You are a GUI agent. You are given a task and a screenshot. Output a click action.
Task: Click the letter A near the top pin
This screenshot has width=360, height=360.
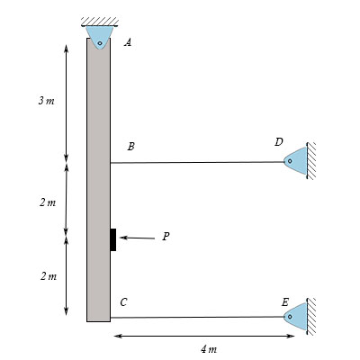[x=128, y=43]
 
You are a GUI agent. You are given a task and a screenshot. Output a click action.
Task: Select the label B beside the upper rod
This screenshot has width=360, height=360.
[x=130, y=147]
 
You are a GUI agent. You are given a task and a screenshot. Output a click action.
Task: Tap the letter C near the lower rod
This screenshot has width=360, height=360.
[x=123, y=302]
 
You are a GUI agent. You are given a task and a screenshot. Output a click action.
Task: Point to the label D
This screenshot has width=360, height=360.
[x=279, y=142]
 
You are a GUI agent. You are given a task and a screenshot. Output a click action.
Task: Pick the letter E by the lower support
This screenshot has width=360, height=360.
[x=285, y=302]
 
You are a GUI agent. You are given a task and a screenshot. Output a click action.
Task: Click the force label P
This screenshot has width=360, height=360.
[x=166, y=237]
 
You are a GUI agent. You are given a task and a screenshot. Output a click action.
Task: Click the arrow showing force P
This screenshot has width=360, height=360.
[x=137, y=238]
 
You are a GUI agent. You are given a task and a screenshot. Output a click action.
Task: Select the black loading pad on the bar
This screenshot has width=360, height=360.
[x=113, y=239]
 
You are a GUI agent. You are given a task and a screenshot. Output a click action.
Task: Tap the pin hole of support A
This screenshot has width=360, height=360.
[x=100, y=43]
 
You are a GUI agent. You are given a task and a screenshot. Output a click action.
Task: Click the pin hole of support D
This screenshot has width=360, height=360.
[x=290, y=161]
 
